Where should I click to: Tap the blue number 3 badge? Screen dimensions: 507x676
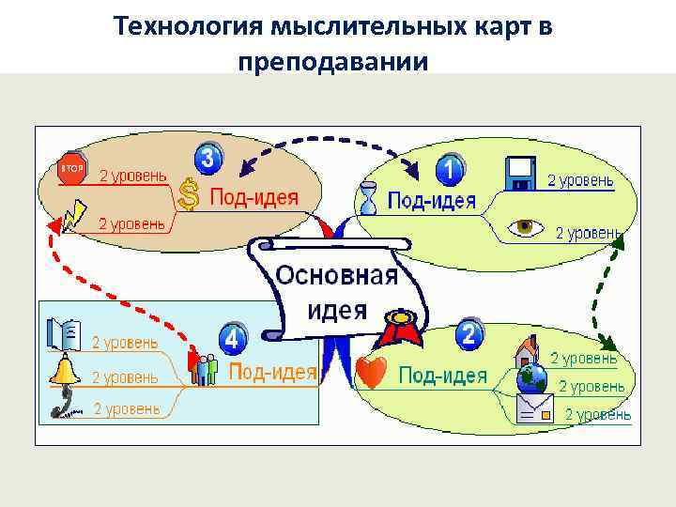pyautogui.click(x=208, y=157)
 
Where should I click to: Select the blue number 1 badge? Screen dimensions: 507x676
pyautogui.click(x=451, y=169)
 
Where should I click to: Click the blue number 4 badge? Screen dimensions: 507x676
pyautogui.click(x=233, y=337)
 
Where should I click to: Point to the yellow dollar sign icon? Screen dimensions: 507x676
pyautogui.click(x=189, y=194)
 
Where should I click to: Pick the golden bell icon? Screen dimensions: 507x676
pyautogui.click(x=65, y=371)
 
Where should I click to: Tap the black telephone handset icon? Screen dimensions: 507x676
pyautogui.click(x=62, y=404)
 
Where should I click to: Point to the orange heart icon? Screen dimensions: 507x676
pyautogui.click(x=372, y=374)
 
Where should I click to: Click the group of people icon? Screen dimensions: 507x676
pyautogui.click(x=205, y=368)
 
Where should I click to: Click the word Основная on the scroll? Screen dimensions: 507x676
pyautogui.click(x=336, y=277)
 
